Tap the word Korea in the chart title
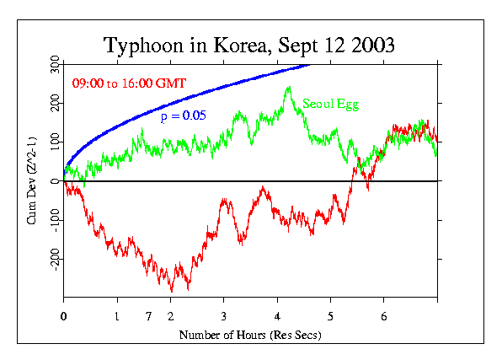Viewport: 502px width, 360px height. pyautogui.click(x=229, y=45)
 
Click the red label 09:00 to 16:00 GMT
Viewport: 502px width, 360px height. pyautogui.click(x=129, y=83)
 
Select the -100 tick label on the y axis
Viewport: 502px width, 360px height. pyautogui.click(x=55, y=221)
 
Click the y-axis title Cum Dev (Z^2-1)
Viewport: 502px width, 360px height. pyautogui.click(x=33, y=180)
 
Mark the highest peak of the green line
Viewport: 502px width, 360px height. pyautogui.click(x=289, y=87)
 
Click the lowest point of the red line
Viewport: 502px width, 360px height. pyautogui.click(x=173, y=291)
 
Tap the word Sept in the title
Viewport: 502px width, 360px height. pyautogui.click(x=290, y=45)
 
